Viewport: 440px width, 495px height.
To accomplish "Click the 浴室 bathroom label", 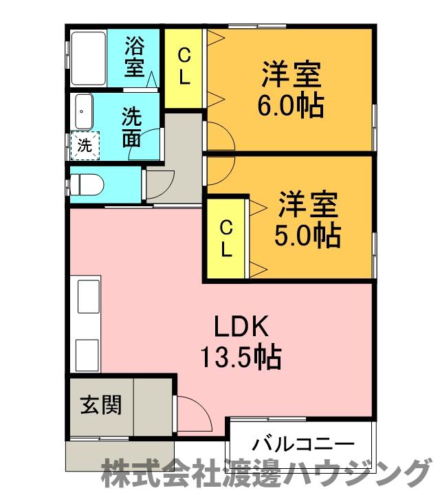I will point(135,58).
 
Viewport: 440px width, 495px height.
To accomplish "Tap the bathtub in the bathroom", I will point(88,58).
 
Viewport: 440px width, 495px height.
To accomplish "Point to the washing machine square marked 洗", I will point(85,146).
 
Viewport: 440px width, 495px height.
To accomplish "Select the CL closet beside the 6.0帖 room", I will point(184,67).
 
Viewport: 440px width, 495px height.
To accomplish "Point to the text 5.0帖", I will point(307,236).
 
